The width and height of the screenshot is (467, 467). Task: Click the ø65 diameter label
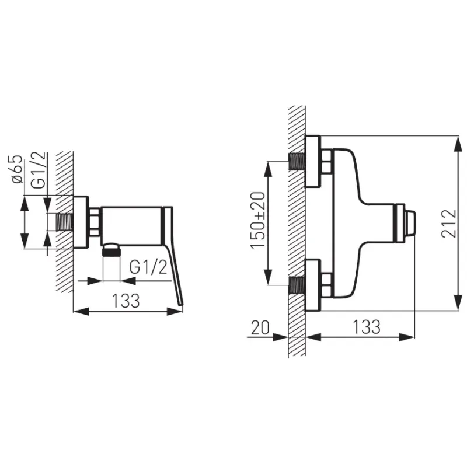[17, 169]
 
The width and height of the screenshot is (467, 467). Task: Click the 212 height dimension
[448, 224]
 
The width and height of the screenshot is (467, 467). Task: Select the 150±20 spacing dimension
[257, 221]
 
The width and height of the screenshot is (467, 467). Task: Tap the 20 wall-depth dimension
[260, 327]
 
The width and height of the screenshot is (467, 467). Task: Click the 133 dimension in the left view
[126, 301]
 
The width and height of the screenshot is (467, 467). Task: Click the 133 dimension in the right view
[367, 327]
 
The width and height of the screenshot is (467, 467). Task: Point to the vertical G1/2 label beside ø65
[39, 170]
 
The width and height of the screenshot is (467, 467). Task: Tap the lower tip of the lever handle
[181, 304]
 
